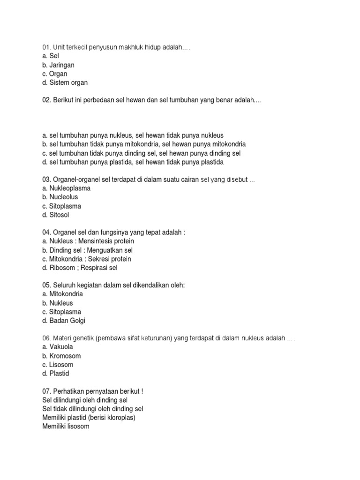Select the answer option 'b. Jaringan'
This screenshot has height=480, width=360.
click(x=58, y=65)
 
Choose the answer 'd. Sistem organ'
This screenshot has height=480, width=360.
click(x=65, y=83)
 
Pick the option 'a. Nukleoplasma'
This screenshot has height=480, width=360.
click(x=66, y=188)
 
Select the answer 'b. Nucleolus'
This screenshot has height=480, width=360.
click(x=60, y=197)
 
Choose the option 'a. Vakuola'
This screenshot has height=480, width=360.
click(x=58, y=347)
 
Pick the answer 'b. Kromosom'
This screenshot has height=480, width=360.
click(x=61, y=356)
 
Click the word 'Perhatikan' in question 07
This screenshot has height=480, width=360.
click(x=70, y=391)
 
